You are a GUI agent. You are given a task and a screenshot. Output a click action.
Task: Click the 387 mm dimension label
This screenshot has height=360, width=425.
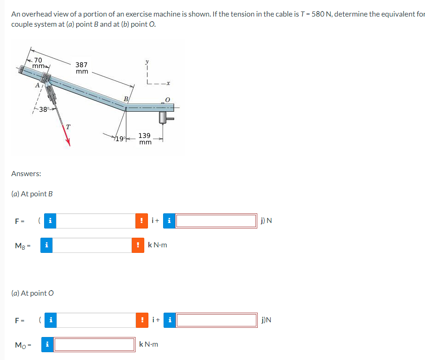click(82, 68)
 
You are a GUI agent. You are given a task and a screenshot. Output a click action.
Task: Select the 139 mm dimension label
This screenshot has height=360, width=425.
click(145, 139)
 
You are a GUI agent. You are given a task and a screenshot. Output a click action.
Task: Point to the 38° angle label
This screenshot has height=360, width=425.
click(44, 109)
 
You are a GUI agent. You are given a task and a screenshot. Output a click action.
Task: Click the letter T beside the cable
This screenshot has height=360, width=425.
click(68, 127)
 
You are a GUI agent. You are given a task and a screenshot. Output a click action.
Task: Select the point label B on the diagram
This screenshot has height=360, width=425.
click(125, 98)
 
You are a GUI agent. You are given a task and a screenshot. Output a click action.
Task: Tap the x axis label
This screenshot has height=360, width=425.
click(169, 83)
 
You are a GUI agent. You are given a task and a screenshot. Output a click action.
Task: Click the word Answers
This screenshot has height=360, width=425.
click(26, 173)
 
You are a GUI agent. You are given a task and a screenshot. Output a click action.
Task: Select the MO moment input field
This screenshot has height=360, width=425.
click(95, 344)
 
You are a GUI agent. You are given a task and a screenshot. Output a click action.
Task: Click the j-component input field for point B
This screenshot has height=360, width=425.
click(216, 221)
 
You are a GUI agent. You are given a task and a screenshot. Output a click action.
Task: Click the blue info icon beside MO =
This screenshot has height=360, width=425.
click(47, 344)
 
